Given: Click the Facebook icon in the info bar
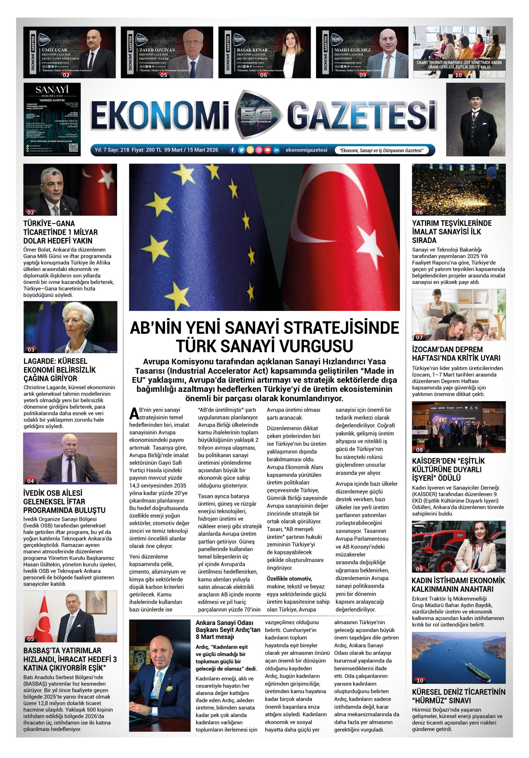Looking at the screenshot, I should (x=232, y=150).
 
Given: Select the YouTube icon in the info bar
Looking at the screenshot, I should (x=267, y=150).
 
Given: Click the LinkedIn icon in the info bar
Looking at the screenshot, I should (x=276, y=150).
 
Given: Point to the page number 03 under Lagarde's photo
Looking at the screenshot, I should (x=31, y=349).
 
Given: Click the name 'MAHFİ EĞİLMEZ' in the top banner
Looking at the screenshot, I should (x=353, y=50).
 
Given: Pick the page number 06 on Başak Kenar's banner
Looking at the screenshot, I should (x=264, y=75).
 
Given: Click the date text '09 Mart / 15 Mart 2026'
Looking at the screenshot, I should (x=191, y=150).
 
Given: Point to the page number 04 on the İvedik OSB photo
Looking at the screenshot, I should (x=31, y=481).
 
